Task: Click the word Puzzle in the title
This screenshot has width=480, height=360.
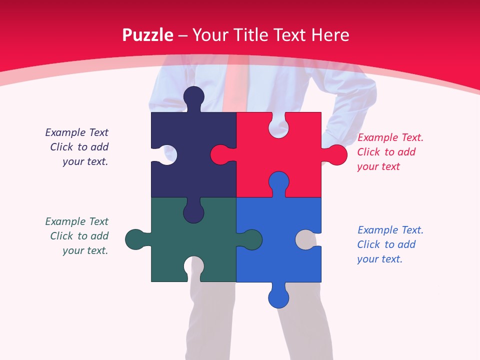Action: click(x=147, y=35)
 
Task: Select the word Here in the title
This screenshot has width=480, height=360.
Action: click(x=329, y=35)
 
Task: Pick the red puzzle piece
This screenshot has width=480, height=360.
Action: click(x=295, y=150)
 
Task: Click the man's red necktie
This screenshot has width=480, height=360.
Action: click(x=235, y=82)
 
